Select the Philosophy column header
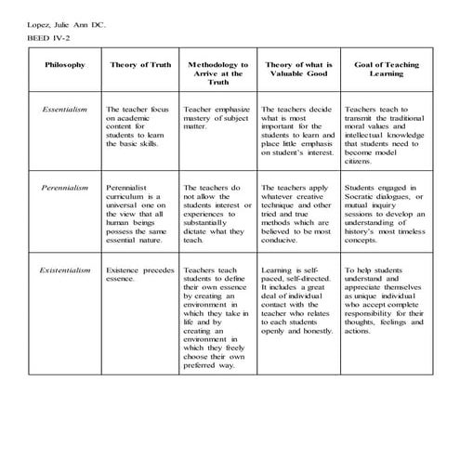(x=64, y=65)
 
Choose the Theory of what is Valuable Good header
(x=299, y=72)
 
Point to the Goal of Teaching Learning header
(x=383, y=70)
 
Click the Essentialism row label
(x=64, y=110)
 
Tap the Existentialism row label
(x=64, y=269)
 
